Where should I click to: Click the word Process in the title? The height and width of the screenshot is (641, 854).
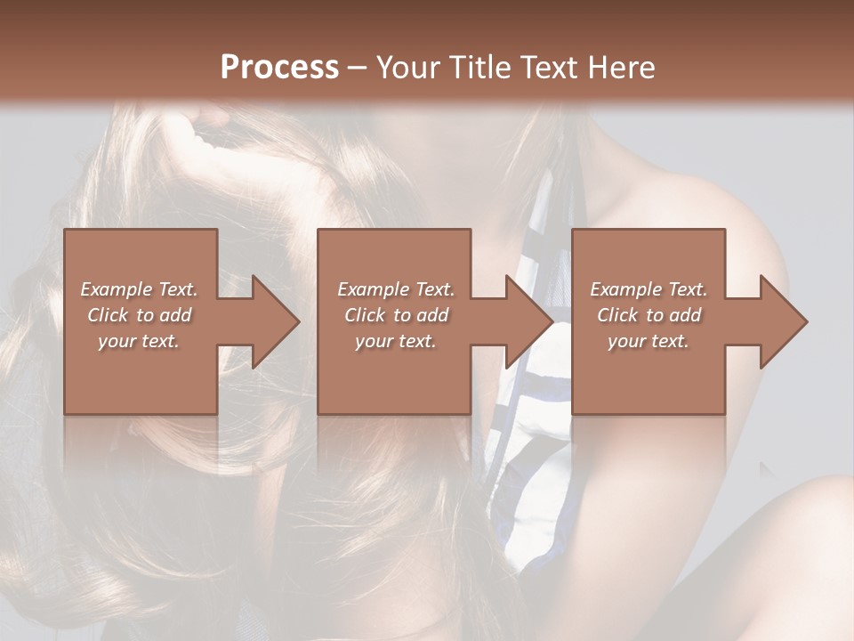pos(279,67)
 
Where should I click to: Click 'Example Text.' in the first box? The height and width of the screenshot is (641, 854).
pos(140,289)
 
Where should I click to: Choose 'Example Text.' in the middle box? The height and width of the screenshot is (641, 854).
pos(396,289)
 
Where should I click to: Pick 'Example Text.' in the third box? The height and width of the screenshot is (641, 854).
pos(649,289)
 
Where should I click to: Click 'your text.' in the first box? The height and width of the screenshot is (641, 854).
pos(139,341)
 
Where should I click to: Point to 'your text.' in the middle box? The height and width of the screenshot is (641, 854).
pos(395,341)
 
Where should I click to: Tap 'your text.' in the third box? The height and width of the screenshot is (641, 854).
pos(648,341)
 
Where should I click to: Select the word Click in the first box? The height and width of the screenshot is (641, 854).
pos(109,315)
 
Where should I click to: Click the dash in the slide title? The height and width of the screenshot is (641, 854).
pos(358,68)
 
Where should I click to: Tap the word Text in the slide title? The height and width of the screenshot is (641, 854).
pos(548,67)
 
